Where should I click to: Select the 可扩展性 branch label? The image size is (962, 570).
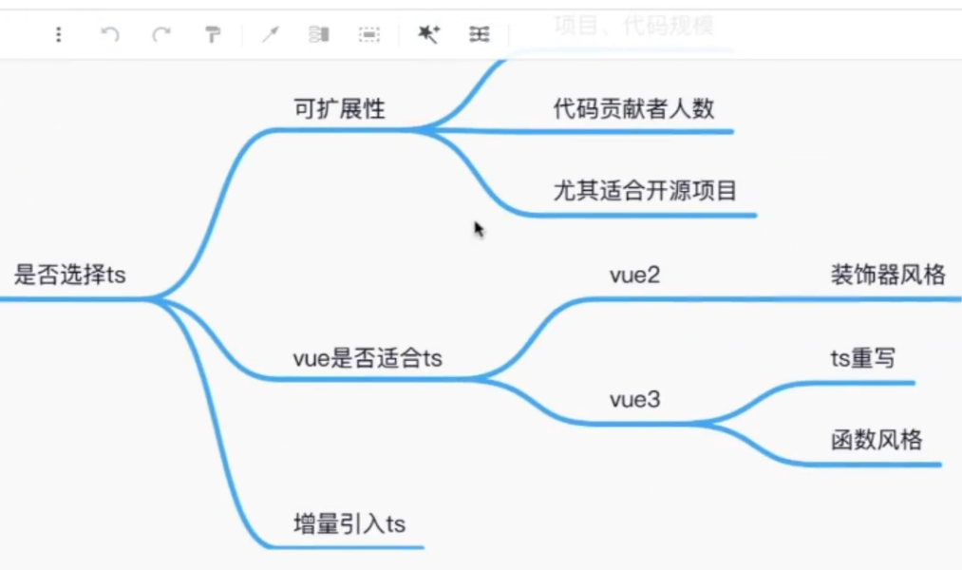tap(339, 108)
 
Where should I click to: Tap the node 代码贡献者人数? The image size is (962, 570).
tap(633, 108)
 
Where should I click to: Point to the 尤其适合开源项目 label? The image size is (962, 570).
tap(645, 191)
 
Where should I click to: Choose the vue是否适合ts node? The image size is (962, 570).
tap(368, 358)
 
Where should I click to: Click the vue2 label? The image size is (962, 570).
tap(634, 275)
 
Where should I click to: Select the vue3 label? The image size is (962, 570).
tap(634, 400)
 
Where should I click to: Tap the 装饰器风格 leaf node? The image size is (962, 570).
tap(888, 275)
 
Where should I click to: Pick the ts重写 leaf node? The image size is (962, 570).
tap(862, 358)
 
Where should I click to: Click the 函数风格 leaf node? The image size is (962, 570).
tap(876, 440)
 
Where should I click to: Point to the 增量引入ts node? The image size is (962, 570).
tap(349, 523)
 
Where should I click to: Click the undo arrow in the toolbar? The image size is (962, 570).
tap(110, 35)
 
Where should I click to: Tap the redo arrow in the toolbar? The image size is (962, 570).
tap(161, 35)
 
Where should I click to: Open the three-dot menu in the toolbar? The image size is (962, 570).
tap(59, 35)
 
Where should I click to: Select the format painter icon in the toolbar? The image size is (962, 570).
tap(213, 35)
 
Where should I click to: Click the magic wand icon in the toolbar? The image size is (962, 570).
tap(429, 35)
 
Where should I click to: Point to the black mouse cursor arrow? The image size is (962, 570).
tap(479, 229)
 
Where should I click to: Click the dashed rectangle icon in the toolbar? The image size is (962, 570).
tap(368, 35)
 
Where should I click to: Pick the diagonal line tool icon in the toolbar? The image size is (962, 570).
tap(271, 35)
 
